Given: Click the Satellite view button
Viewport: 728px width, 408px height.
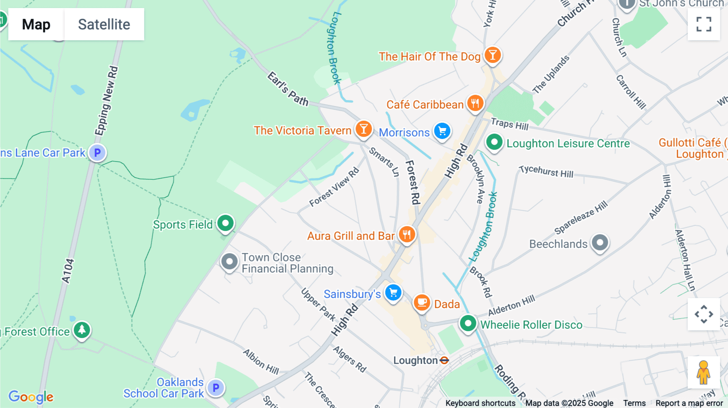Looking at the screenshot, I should point(104,24).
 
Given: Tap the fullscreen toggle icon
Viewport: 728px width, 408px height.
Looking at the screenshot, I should point(704,24).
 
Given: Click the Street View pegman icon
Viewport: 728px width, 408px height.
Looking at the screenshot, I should point(703,372).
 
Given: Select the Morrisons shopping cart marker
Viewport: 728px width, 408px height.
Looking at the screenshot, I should point(442,131).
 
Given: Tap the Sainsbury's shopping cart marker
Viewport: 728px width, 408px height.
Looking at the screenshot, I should point(393,292).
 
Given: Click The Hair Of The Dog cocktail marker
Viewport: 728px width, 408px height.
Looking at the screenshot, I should point(492,55).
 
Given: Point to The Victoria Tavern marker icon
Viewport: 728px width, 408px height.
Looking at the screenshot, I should point(364,129).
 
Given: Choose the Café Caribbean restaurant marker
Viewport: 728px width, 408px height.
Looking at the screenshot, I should point(475,103).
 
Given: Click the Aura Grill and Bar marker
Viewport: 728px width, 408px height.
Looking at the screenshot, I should point(407,234).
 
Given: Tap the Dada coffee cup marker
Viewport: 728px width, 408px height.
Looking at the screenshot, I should point(422,302).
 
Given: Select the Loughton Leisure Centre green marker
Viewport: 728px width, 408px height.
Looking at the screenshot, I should point(494,142).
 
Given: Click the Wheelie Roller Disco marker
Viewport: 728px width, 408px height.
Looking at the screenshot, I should point(468,323).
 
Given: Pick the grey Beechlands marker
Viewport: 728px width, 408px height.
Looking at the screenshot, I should point(600,243).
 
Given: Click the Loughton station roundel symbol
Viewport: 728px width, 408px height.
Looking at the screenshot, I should point(444,360).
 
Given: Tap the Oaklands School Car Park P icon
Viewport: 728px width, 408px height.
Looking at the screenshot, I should point(216,388).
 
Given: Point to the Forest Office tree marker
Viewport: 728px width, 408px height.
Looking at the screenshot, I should point(82,330).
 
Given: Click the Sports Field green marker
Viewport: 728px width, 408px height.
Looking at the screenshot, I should point(225,223).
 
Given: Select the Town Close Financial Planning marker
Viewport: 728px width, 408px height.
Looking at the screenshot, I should point(229,262).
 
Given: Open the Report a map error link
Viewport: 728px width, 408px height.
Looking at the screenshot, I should point(689,403).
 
